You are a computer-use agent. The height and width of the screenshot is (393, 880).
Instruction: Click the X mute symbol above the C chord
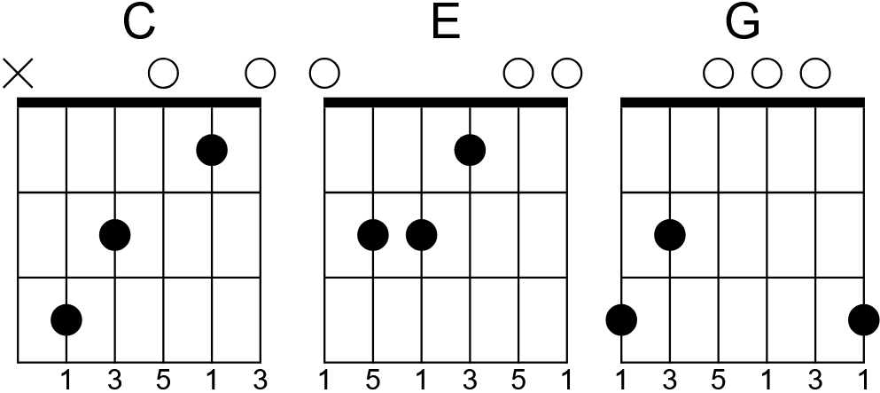coord(19,73)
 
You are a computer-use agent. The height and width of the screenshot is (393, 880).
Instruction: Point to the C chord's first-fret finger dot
coord(211,149)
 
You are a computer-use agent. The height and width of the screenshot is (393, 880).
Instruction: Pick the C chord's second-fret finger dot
coord(115,235)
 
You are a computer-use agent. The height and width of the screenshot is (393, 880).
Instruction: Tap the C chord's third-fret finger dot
coord(67,319)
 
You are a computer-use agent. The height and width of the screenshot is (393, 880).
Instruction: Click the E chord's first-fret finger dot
coord(470,149)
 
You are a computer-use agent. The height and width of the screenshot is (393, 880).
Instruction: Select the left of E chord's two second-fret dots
coord(374,235)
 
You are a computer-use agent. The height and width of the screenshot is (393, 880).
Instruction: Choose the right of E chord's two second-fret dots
coord(422,235)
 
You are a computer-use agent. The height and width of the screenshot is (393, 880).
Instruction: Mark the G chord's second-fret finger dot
coord(671,235)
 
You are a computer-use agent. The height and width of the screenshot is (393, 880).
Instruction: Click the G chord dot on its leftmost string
coord(623,319)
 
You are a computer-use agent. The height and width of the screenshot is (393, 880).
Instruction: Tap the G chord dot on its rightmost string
coord(863,319)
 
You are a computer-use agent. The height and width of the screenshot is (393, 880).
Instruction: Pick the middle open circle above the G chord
coord(767,73)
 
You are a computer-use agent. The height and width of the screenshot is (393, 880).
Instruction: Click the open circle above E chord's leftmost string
coord(324,73)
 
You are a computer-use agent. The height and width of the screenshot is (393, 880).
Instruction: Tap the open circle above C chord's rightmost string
coord(260,73)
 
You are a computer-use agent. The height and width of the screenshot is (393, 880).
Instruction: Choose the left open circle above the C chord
coord(163,73)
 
